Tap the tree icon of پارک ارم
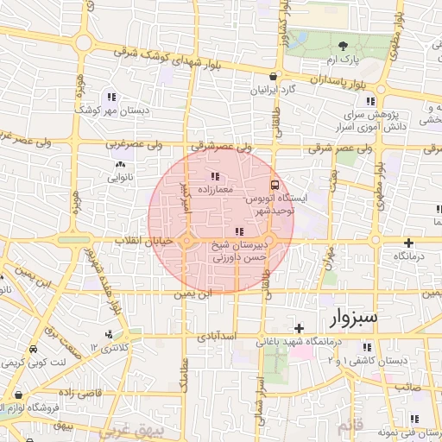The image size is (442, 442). click(x=344, y=46)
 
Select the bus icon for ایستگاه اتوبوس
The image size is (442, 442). click(x=275, y=184)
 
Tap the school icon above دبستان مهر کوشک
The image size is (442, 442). click(x=110, y=97)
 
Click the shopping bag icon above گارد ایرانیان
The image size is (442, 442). click(x=273, y=76)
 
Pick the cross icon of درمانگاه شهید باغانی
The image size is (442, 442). click(x=299, y=328)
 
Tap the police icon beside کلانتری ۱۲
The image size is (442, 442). click(x=108, y=335)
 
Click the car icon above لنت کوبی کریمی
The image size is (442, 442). click(x=32, y=350)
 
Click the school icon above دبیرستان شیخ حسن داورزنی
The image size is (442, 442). click(x=238, y=231)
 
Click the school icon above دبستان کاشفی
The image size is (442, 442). click(x=365, y=347)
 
